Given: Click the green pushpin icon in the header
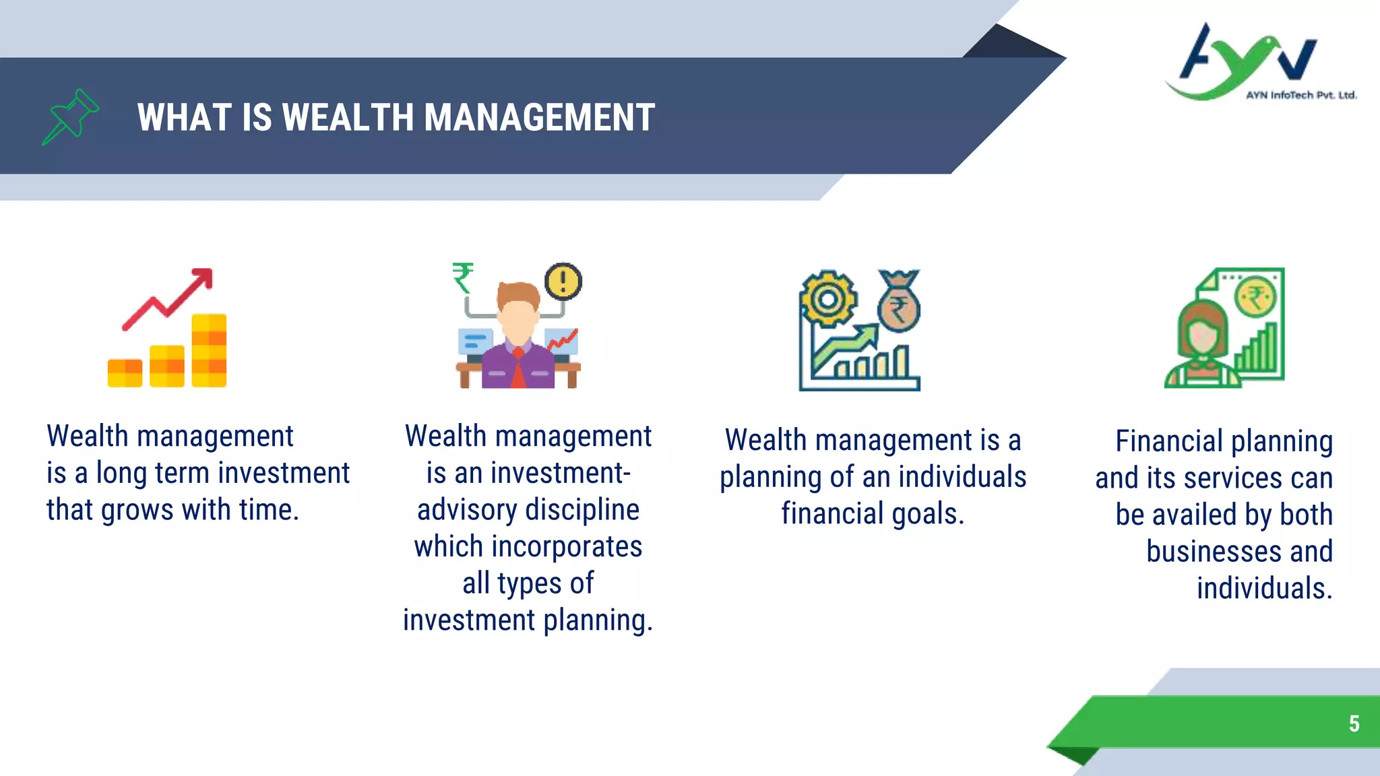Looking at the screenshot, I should click(x=71, y=117).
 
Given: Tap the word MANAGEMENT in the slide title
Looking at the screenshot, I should click(x=539, y=117).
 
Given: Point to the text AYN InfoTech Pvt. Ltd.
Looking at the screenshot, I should click(x=1300, y=96).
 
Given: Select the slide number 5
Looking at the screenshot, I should click(x=1354, y=723).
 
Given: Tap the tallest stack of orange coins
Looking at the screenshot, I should click(x=209, y=350).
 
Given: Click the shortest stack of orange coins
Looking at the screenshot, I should click(x=125, y=373).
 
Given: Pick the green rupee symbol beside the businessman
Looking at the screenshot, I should click(x=463, y=278).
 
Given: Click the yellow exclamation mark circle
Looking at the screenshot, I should click(x=563, y=281).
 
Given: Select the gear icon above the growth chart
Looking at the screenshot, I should click(x=828, y=299).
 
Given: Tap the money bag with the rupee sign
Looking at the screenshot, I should click(x=898, y=304).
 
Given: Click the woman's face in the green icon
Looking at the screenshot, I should click(x=1202, y=334).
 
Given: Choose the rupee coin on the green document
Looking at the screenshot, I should click(x=1255, y=298).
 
